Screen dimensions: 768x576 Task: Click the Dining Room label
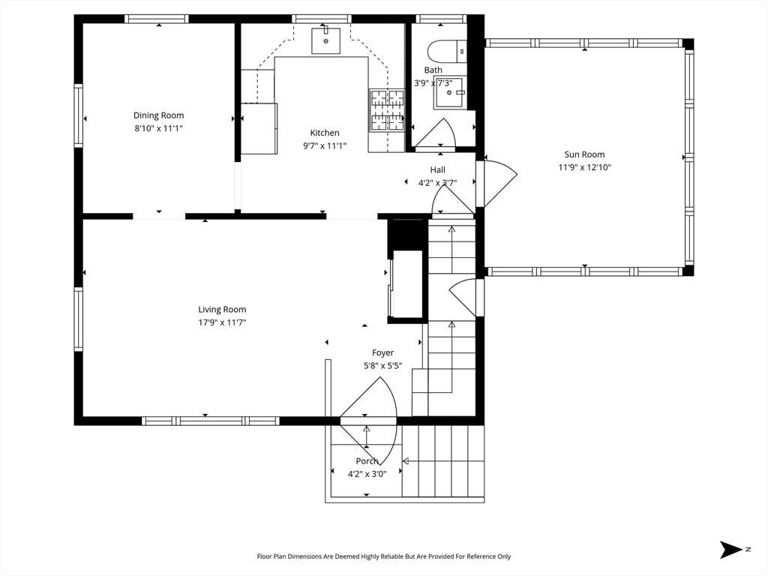[159, 115]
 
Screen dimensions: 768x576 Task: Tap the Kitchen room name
[324, 133]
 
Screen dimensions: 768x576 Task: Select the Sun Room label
[584, 154]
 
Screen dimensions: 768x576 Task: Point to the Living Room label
[222, 310]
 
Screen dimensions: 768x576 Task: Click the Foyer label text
[382, 352]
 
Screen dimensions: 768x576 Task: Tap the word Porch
[367, 461]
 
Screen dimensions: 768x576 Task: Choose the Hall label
[437, 169]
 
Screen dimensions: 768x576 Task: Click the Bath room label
[433, 70]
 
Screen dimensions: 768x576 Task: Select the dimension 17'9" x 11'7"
[222, 322]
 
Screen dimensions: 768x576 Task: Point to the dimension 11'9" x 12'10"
[584, 167]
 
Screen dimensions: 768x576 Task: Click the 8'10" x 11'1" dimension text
[159, 128]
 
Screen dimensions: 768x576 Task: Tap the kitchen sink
[325, 40]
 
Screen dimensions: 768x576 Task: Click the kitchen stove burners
[387, 110]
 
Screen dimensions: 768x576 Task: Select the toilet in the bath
[447, 51]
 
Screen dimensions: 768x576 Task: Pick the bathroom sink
[450, 92]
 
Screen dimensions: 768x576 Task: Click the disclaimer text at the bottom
[384, 556]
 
